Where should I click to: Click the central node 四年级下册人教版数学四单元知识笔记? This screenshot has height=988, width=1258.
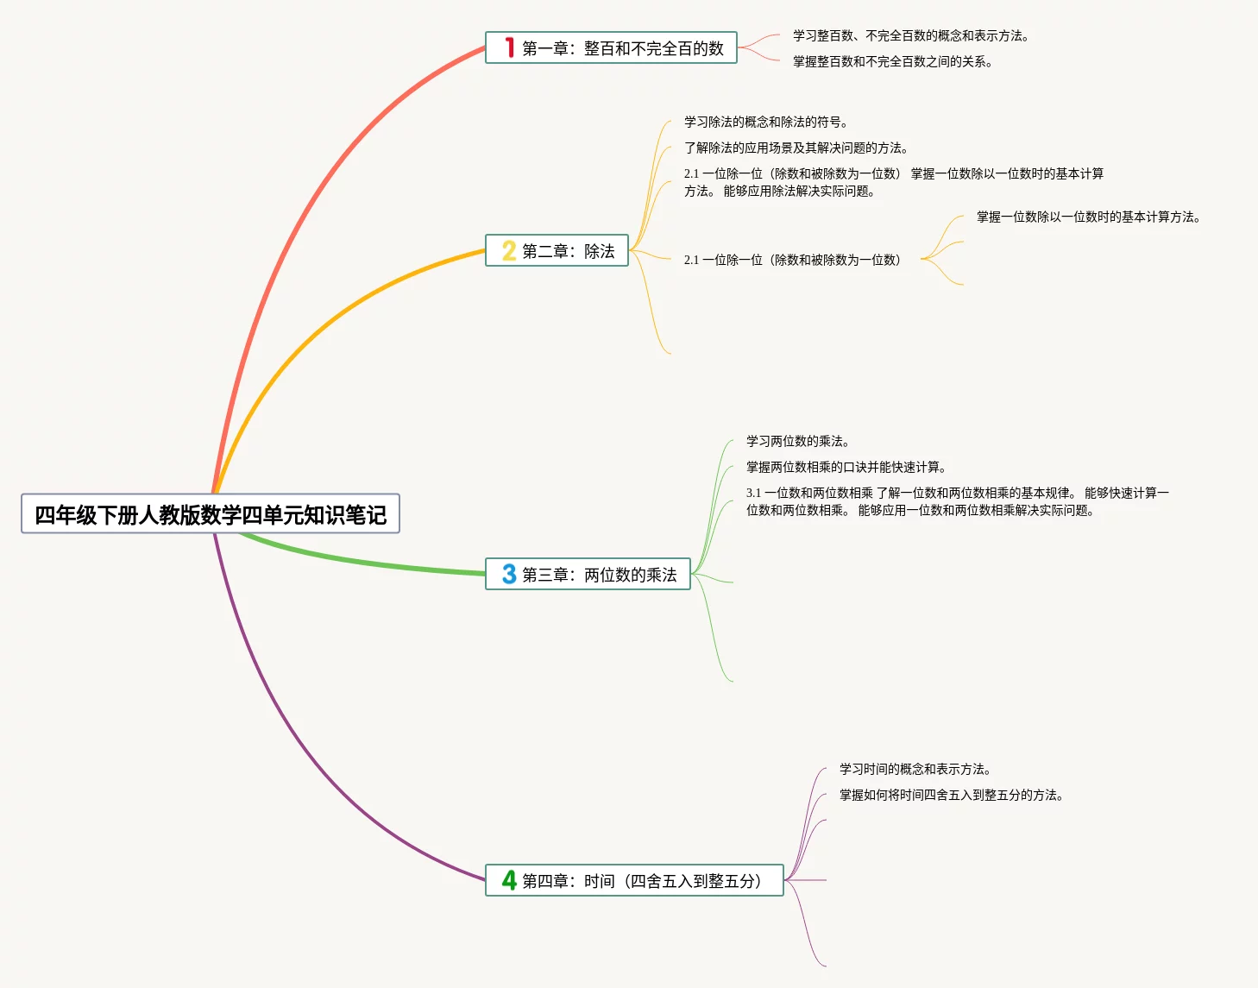211,514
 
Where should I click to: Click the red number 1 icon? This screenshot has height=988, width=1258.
509,47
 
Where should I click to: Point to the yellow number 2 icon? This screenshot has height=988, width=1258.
509,251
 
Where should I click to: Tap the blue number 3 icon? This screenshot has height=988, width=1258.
509,575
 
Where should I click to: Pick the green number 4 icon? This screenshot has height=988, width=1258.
509,880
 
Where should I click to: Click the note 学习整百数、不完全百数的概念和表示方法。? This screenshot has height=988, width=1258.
910,36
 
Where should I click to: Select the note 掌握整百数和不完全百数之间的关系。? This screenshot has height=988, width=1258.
892,62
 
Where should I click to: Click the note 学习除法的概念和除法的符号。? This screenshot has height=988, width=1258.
765,123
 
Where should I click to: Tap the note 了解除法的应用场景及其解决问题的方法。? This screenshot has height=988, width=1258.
796,148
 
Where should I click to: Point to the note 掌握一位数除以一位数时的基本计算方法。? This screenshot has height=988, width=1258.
1088,217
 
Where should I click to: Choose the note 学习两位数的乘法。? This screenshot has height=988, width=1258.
797,442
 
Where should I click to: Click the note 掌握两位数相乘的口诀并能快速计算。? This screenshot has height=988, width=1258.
846,468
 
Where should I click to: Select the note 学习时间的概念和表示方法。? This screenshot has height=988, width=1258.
915,770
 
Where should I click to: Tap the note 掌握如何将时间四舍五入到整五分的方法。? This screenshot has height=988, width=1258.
951,796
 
